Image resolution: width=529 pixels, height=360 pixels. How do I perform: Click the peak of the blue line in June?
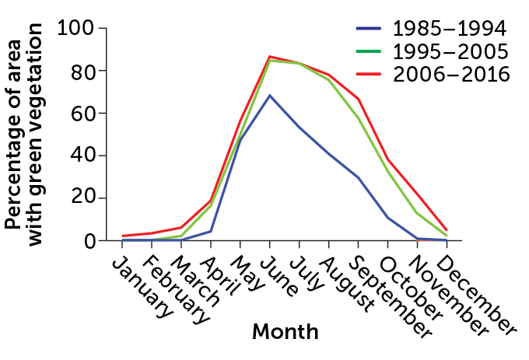click(270, 96)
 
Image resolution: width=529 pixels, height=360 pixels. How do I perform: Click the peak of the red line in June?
click(270, 57)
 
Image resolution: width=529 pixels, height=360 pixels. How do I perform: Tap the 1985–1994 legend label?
click(450, 30)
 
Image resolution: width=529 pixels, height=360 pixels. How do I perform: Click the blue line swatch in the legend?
click(369, 30)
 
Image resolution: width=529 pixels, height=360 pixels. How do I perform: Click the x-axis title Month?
click(286, 332)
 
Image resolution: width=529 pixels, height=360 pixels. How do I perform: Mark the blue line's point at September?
click(359, 177)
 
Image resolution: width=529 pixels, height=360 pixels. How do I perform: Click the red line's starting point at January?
click(122, 236)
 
